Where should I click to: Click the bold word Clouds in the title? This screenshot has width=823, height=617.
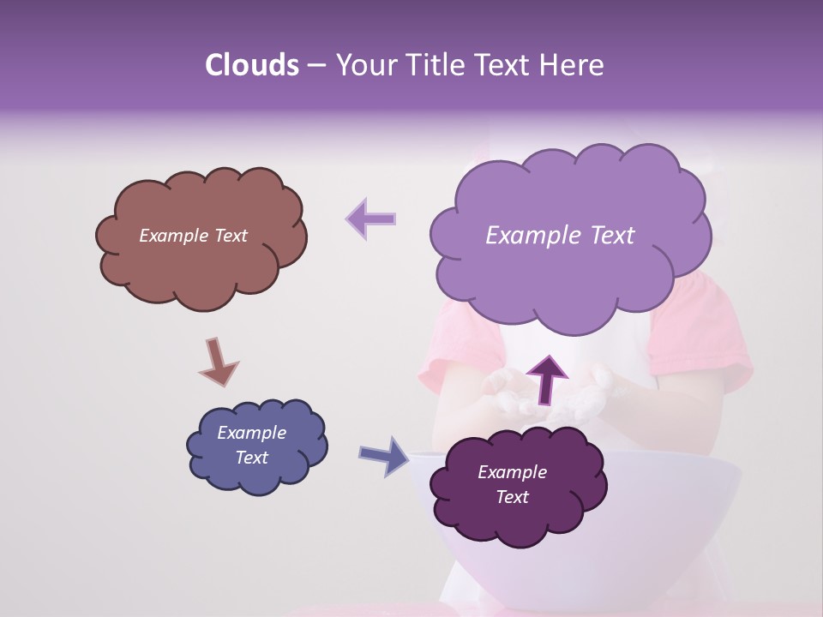click(x=251, y=65)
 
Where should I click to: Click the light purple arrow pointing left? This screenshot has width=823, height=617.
click(x=371, y=219)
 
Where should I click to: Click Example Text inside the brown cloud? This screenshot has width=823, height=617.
click(x=193, y=236)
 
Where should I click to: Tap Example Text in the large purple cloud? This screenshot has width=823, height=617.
click(x=560, y=236)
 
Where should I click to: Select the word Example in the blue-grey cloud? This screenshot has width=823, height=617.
click(x=251, y=433)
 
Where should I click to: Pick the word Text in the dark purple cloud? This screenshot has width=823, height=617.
click(x=512, y=497)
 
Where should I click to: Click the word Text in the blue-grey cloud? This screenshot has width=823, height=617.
click(x=251, y=458)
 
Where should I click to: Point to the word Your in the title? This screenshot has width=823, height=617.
click(x=363, y=65)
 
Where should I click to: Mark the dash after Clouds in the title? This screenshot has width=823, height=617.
click(x=316, y=66)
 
